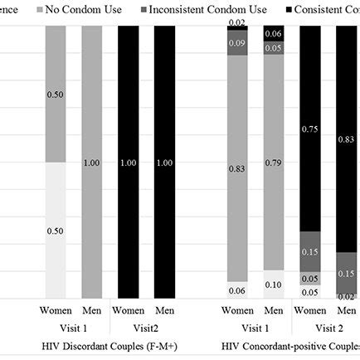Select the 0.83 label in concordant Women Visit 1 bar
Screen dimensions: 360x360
click(237, 168)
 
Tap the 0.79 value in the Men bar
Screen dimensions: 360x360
click(274, 173)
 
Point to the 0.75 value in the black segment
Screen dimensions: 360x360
click(309, 129)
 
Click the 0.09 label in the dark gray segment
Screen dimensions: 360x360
click(237, 42)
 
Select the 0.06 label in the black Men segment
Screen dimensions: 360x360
click(274, 33)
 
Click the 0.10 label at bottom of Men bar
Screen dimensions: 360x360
click(274, 285)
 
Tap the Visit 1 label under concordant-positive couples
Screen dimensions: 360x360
click(255, 328)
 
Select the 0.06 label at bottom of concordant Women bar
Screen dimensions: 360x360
click(237, 289)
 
